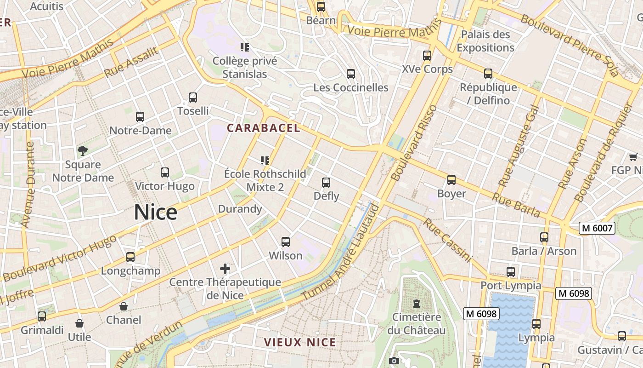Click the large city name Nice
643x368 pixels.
point(156,213)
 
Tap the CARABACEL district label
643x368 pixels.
point(264,128)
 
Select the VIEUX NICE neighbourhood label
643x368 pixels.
point(300,342)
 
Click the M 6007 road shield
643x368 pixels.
point(597,228)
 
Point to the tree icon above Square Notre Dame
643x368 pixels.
point(82,150)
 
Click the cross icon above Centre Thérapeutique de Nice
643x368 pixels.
point(225,268)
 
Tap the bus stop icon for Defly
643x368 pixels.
point(326,183)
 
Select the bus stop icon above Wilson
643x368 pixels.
point(286,241)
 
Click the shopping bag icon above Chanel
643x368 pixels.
point(124,306)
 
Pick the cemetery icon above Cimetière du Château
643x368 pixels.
point(417,304)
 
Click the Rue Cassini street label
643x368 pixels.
point(447,240)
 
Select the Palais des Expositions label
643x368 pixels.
point(485,41)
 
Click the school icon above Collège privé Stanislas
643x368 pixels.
point(245,47)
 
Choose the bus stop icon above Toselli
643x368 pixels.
point(193,98)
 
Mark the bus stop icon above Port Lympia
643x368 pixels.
point(511,272)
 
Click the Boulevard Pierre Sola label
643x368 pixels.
point(570,44)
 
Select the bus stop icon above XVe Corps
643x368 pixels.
point(427,56)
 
